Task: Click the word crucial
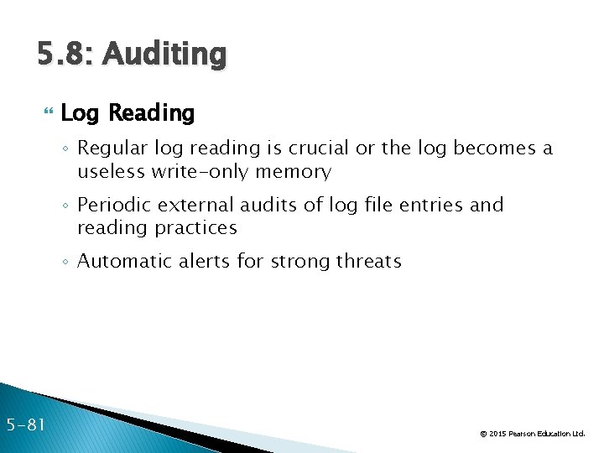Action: point(319,149)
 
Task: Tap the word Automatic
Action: point(123,261)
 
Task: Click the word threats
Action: point(369,261)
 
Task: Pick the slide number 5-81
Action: point(26,425)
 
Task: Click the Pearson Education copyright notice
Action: point(532,434)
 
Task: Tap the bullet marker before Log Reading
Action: point(47,113)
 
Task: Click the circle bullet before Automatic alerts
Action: point(67,262)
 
